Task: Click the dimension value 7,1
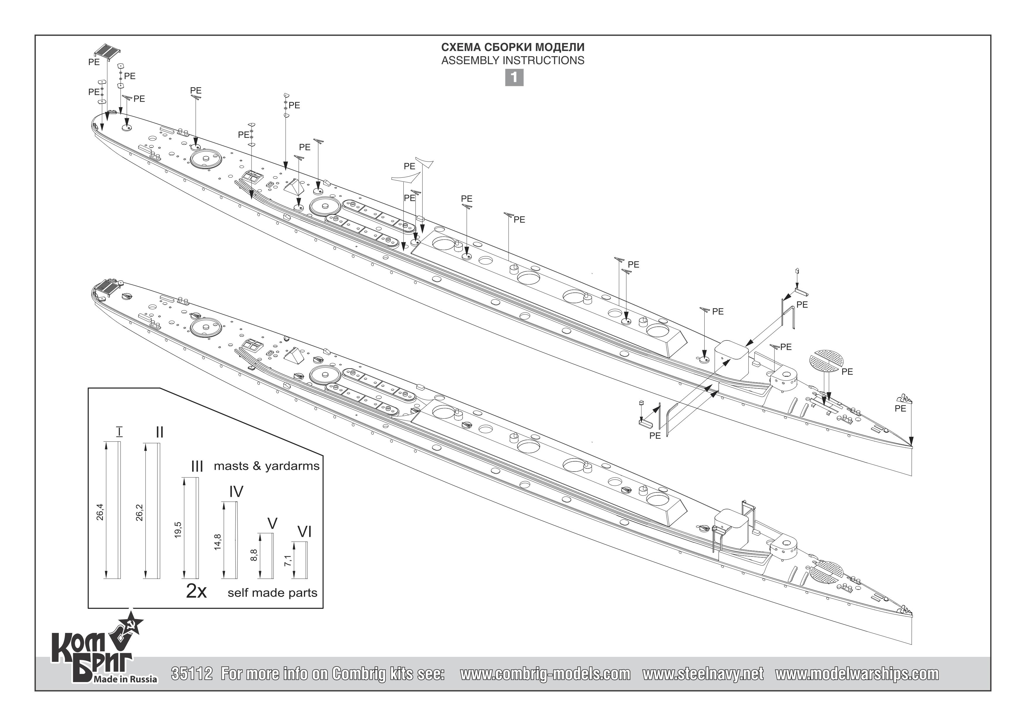288,561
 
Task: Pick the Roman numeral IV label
236,492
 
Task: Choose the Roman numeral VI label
304,532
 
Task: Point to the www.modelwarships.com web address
857,674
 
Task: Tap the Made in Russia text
125,679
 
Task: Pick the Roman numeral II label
159,432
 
